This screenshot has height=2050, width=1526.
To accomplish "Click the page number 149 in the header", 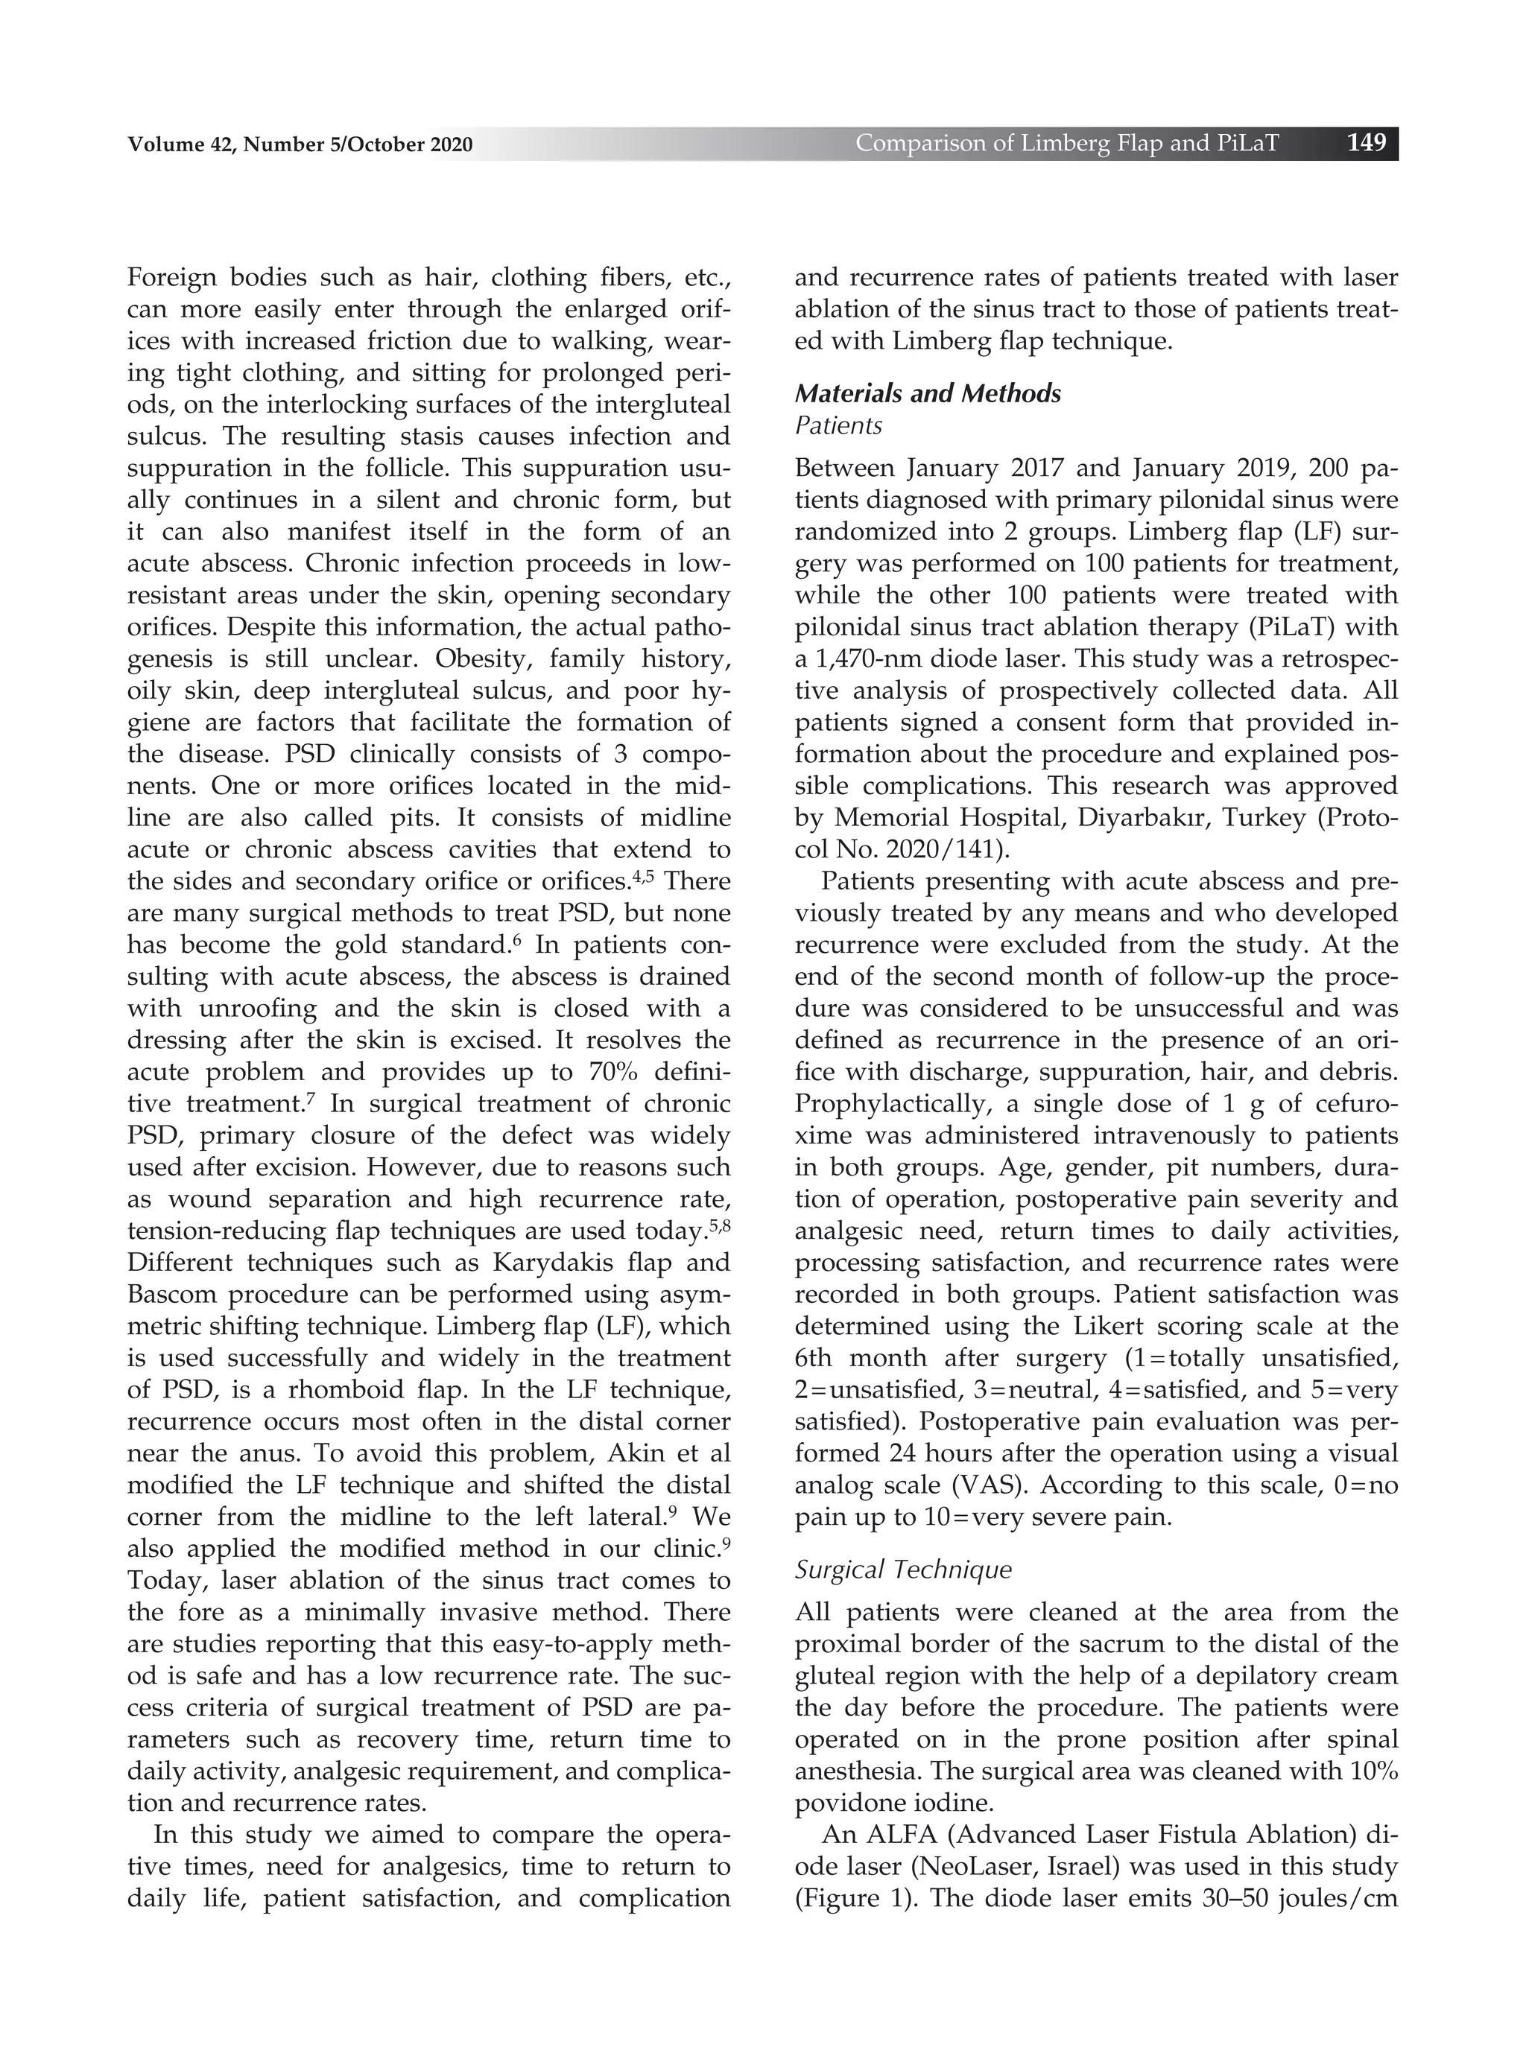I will coord(1367,143).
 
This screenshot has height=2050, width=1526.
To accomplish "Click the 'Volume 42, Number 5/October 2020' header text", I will coord(300,145).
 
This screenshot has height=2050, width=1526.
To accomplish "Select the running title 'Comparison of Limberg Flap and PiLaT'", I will coord(1067,143).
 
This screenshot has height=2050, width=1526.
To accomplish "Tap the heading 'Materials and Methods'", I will coord(928,393).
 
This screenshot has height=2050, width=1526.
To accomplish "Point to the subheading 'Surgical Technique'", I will coord(902,1570).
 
